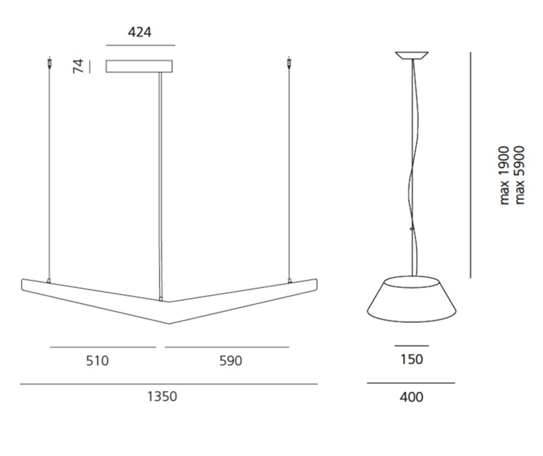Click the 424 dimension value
point(140,32)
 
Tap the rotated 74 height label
point(78,66)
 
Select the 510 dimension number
point(97,361)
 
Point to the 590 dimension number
point(230,361)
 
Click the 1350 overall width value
point(162,397)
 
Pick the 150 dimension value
point(411,359)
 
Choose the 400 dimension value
point(411,397)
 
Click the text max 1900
point(504,176)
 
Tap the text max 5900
point(519,175)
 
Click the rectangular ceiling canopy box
point(139,66)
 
